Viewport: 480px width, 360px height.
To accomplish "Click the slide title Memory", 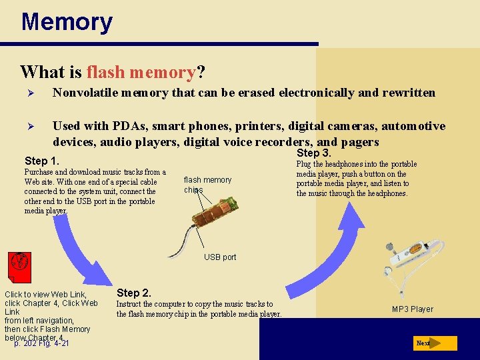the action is [x=67, y=22].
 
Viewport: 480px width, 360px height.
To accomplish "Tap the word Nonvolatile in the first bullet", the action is [x=84, y=93].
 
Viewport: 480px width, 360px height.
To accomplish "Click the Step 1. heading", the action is [x=42, y=161].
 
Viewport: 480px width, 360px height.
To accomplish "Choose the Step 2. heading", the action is [x=134, y=293].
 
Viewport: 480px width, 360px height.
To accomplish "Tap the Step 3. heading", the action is [x=314, y=153].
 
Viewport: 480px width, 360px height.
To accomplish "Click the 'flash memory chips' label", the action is [x=207, y=185].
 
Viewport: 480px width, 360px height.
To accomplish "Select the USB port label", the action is [x=220, y=257].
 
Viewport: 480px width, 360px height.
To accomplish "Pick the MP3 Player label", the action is [x=413, y=309].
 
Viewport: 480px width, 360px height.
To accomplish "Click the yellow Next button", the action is [x=434, y=343].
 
